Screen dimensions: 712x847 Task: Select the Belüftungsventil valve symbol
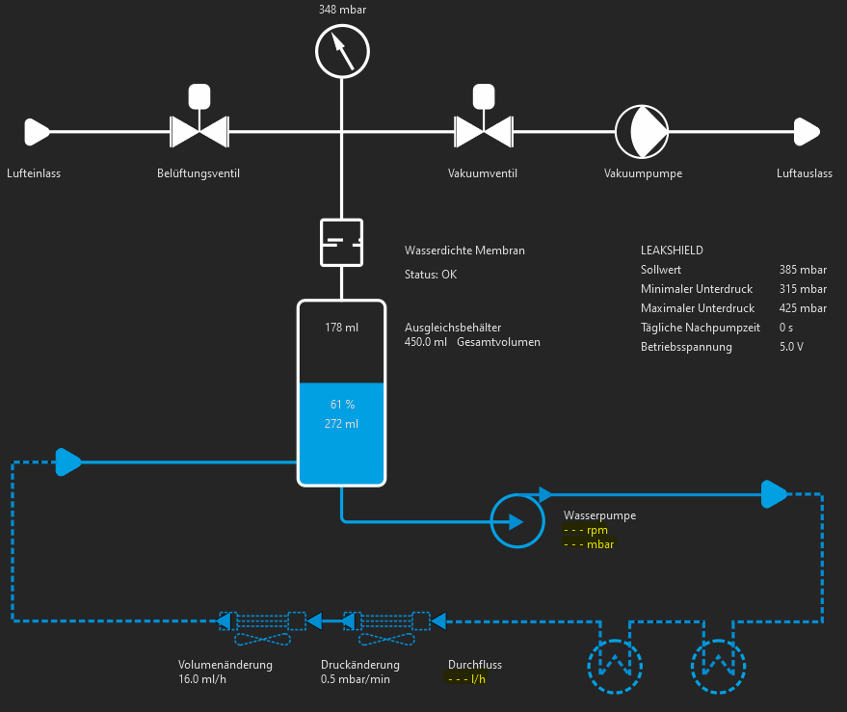[x=199, y=130]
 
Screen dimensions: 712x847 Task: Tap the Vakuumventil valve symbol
[x=482, y=130]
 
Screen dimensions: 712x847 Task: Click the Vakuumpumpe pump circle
[x=642, y=130]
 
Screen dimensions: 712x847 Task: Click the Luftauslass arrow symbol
[x=806, y=130]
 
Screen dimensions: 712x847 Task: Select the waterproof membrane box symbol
[x=341, y=242]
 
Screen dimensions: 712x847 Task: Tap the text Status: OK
[x=431, y=275]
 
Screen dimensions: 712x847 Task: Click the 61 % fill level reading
[x=342, y=405]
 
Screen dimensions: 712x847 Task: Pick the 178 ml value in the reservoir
[x=342, y=328]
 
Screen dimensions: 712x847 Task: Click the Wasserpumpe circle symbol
[x=518, y=521]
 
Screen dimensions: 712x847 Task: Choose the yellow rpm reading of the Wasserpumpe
[x=586, y=530]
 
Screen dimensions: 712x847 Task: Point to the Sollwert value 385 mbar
[x=803, y=270]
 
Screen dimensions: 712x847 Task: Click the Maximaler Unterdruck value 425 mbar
[x=803, y=308]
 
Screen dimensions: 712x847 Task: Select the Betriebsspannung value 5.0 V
[x=791, y=347]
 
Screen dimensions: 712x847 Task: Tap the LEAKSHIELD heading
[x=672, y=251]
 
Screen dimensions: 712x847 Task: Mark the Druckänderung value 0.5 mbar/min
[x=356, y=679]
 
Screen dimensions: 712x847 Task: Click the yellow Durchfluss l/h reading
[x=467, y=679]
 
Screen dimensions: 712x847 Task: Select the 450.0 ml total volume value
[x=426, y=342]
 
